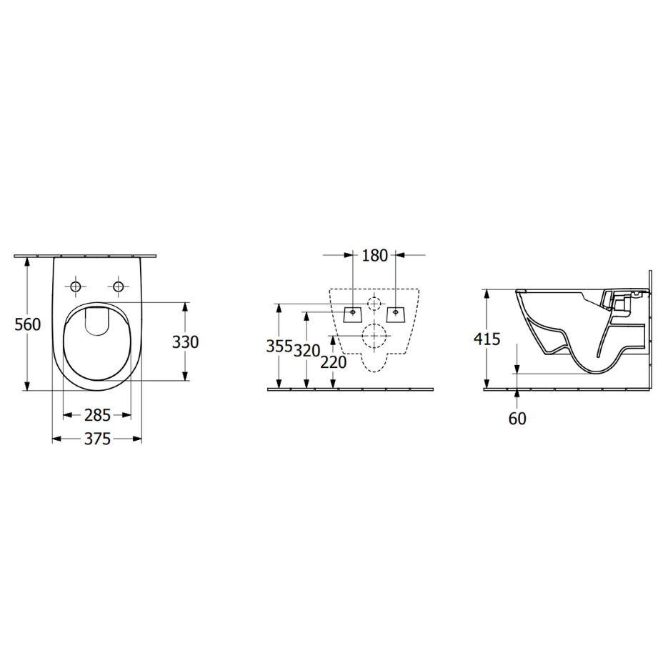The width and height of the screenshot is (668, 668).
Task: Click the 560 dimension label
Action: pyautogui.click(x=28, y=324)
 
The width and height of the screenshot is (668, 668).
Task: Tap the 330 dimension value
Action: pyautogui.click(x=185, y=342)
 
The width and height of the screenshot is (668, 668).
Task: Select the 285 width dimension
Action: pyautogui.click(x=98, y=415)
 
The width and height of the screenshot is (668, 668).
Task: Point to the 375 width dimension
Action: pyautogui.click(x=98, y=439)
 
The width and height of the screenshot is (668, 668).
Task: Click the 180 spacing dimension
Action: pyautogui.click(x=375, y=256)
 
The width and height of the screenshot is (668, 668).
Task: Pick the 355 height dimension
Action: pyautogui.click(x=279, y=347)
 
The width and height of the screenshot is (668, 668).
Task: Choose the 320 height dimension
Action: pyautogui.click(x=307, y=351)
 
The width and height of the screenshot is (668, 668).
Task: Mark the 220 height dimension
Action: pyautogui.click(x=334, y=362)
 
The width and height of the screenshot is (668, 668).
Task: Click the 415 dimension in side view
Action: pyautogui.click(x=487, y=339)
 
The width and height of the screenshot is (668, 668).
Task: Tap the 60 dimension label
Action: pyautogui.click(x=517, y=419)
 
